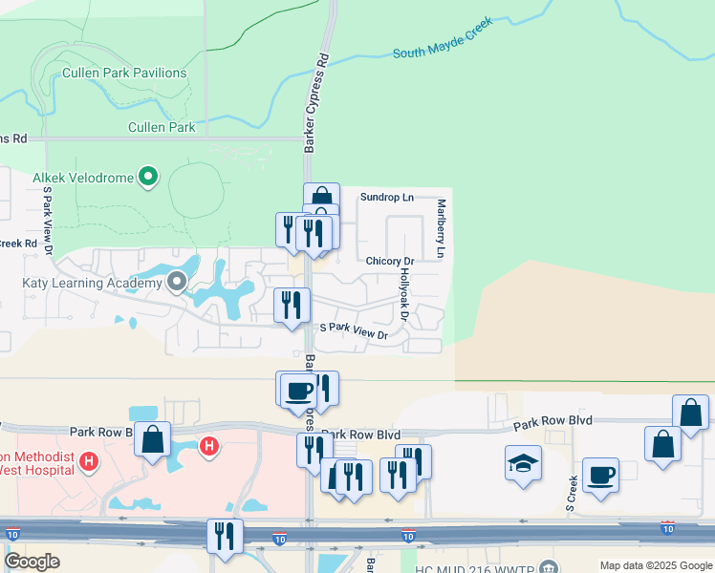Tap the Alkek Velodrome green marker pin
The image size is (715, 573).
(x=148, y=176)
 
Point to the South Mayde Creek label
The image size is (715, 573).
(x=449, y=43)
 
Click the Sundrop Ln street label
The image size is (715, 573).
(x=387, y=198)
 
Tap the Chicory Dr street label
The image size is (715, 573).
(x=389, y=261)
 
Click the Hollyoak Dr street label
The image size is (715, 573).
(x=404, y=295)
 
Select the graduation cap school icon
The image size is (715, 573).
(x=523, y=463)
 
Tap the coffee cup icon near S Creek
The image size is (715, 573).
(x=600, y=475)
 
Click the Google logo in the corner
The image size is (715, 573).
(x=32, y=562)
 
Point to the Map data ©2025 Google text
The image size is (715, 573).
(x=656, y=565)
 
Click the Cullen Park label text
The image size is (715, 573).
(x=162, y=127)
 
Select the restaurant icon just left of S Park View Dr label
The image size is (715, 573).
(x=292, y=306)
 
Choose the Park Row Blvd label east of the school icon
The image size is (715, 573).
(x=552, y=420)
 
